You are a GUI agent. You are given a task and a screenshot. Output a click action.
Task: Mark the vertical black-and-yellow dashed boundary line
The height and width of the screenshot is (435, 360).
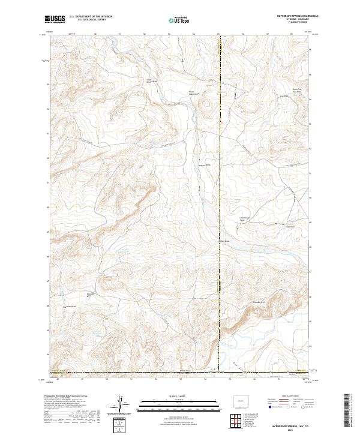(x=219, y=180)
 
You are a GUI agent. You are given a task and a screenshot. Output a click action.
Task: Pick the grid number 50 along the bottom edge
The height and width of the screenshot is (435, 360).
(x=107, y=379)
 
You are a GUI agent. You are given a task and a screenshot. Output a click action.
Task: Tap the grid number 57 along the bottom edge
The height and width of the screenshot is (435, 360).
(x=279, y=379)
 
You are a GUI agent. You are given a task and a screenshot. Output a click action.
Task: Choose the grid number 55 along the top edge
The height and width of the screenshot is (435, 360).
(x=218, y=34)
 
